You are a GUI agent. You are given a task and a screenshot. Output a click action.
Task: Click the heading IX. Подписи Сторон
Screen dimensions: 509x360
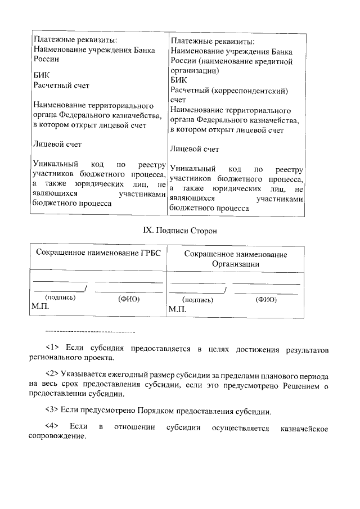[178, 231]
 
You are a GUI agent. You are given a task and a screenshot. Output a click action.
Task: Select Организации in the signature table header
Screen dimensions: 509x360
[235, 264]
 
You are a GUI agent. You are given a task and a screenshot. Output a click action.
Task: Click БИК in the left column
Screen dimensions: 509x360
[41, 75]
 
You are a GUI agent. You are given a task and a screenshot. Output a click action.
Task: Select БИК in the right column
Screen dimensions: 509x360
[178, 80]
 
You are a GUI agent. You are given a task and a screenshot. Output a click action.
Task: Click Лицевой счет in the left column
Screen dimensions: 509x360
[57, 145]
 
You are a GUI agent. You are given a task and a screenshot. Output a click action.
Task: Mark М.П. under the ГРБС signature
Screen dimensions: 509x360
[40, 307]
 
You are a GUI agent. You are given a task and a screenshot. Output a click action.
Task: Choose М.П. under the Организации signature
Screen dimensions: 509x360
[177, 309]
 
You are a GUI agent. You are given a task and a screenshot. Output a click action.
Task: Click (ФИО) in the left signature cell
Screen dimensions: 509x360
[128, 299]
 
